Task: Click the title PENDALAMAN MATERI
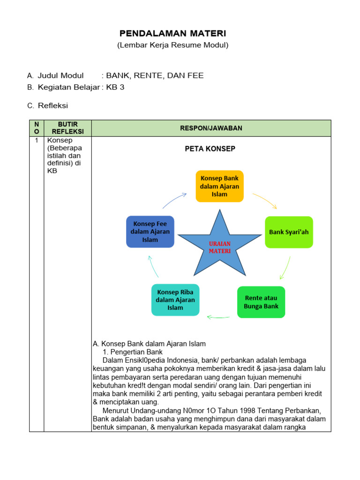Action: pos(172,33)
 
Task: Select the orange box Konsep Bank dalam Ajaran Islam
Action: pos(219,186)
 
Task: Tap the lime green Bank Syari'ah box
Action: pos(289,232)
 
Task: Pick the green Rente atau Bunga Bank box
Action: pos(261,302)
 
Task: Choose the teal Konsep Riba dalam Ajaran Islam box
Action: pos(175,300)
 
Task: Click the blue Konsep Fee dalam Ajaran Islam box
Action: pos(150,232)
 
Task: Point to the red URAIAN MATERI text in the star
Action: pos(219,247)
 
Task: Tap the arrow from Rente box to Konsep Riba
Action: pos(218,317)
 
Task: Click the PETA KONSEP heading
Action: pos(210,149)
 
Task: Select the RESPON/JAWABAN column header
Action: pos(211,128)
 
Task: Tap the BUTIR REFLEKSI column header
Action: pos(67,128)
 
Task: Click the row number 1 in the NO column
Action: pos(37,140)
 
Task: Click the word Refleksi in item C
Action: pos(53,106)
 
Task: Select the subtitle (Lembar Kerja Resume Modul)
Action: pos(172,45)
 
